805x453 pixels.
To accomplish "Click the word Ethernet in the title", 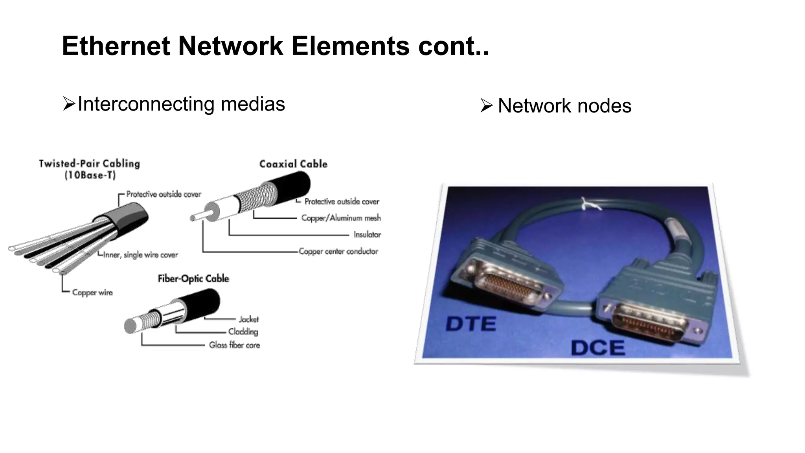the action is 116,46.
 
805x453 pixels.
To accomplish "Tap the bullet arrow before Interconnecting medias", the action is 68,104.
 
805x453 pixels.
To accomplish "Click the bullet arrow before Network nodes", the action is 486,106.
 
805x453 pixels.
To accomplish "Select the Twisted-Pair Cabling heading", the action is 90,164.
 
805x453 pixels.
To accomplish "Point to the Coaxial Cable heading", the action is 293,164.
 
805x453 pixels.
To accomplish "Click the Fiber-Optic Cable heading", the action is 193,279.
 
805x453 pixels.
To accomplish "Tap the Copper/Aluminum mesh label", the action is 341,218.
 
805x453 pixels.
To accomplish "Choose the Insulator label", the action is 367,235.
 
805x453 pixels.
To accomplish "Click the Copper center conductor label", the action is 338,251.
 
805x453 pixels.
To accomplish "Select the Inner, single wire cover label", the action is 140,255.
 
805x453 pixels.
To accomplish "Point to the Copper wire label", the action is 92,293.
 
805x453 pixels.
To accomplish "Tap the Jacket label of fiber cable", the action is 248,319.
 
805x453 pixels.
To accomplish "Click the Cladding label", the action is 243,331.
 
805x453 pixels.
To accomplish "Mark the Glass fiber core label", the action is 234,345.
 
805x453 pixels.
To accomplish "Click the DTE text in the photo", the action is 471,324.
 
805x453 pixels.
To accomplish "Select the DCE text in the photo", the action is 597,348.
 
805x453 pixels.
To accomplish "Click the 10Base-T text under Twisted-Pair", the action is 90,175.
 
